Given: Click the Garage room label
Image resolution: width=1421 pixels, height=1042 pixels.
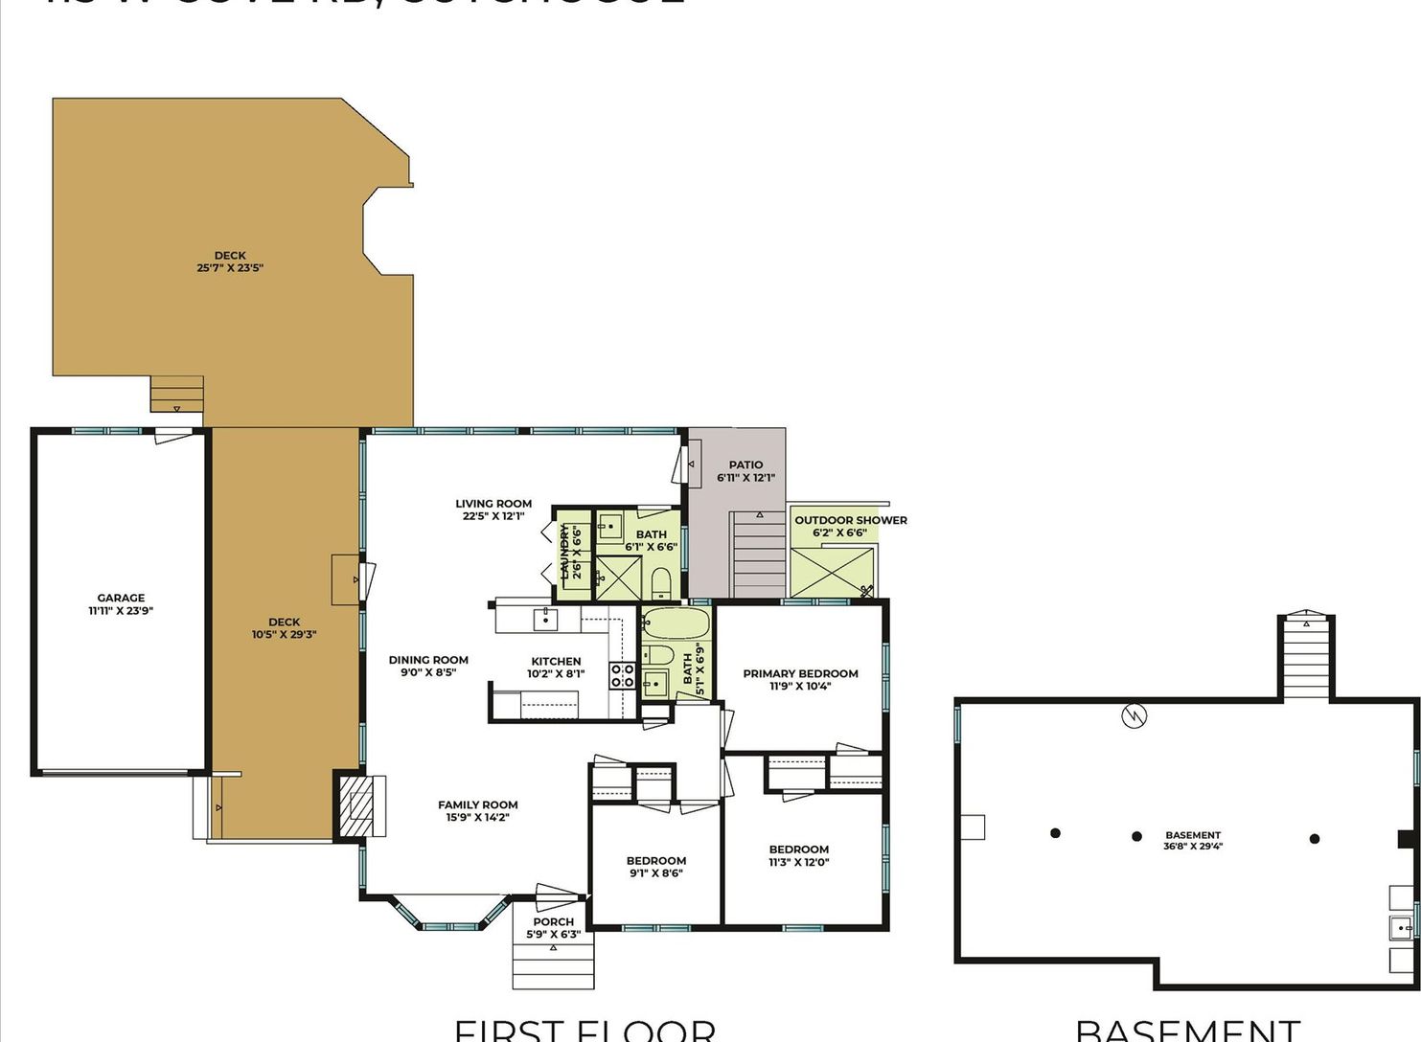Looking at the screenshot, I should click(x=121, y=598).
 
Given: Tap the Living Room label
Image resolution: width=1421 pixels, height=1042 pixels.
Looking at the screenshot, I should click(x=493, y=504).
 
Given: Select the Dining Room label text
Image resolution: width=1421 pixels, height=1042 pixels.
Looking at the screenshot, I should click(x=428, y=660).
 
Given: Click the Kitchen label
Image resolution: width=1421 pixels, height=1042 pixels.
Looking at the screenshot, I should click(x=556, y=661).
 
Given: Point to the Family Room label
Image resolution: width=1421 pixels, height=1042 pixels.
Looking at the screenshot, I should click(x=478, y=805).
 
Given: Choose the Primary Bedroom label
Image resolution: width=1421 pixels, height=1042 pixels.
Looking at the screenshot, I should click(x=800, y=673).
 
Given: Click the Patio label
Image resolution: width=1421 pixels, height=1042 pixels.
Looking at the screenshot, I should click(x=745, y=465).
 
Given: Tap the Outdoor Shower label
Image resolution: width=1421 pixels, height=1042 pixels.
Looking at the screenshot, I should click(x=850, y=521).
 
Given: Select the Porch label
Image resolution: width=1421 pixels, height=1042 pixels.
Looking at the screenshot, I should click(x=554, y=922).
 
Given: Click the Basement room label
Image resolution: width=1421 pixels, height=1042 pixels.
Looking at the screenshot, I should click(x=1193, y=835).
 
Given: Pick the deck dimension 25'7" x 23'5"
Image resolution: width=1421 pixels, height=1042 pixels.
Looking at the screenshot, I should click(x=230, y=268).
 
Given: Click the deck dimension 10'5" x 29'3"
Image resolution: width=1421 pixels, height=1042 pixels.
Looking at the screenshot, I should click(x=284, y=634).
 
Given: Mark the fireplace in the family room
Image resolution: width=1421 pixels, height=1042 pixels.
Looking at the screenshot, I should click(x=361, y=804).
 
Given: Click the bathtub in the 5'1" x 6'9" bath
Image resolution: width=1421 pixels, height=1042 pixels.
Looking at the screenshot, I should click(x=676, y=623).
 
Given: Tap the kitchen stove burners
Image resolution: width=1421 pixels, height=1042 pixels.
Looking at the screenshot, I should click(x=623, y=675).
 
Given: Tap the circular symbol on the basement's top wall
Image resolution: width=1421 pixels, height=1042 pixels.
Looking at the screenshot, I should click(x=1134, y=715).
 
